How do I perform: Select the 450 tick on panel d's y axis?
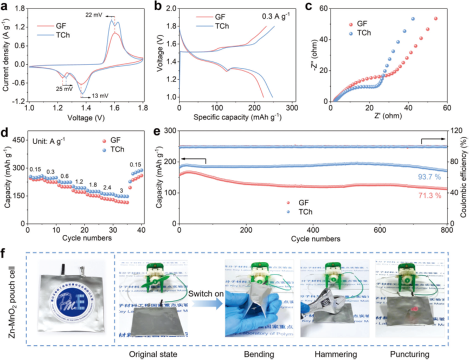(17, 140)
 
